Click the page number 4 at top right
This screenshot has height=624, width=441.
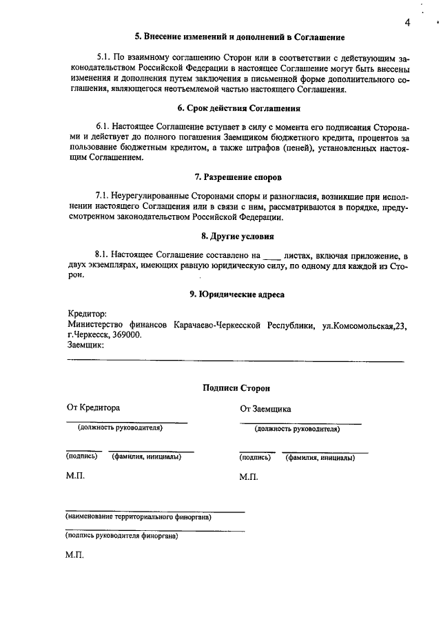[408, 23]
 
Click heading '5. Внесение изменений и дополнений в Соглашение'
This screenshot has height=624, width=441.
[239, 36]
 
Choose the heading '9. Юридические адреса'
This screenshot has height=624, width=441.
[237, 294]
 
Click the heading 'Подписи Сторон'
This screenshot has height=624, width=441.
[237, 388]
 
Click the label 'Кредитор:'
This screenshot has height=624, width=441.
[87, 314]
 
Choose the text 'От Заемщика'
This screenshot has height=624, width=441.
[265, 408]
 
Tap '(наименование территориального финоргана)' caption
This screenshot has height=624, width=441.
[138, 516]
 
